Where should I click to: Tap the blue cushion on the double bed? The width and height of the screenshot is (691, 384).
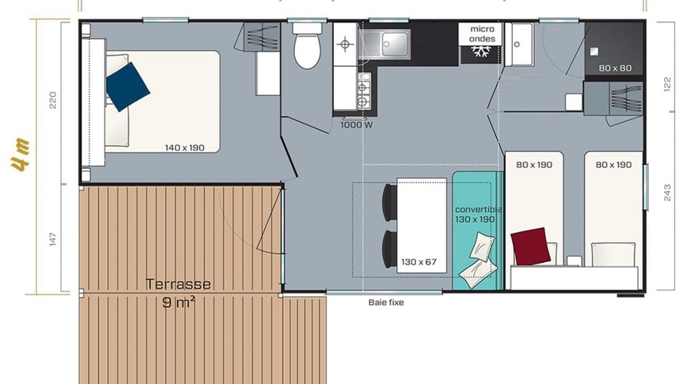[x=127, y=87]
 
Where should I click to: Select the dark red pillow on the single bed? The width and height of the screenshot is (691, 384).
[x=531, y=247]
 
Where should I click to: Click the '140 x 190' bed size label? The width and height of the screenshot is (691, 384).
[x=184, y=147]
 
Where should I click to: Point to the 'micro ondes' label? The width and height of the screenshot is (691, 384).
[x=482, y=34]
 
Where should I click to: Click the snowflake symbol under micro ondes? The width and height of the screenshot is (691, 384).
[x=481, y=51]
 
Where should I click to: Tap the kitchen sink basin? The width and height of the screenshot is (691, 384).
[x=395, y=44]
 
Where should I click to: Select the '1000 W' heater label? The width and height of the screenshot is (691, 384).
[x=356, y=124]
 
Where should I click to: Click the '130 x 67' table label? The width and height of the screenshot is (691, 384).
[x=418, y=262]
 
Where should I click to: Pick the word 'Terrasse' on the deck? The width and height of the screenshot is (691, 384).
[x=178, y=284]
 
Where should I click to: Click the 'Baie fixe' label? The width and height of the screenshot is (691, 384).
[x=386, y=303]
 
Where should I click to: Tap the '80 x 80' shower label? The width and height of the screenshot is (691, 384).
[x=615, y=68]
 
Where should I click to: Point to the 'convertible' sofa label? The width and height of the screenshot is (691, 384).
[x=478, y=209]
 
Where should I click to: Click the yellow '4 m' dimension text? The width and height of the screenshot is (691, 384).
[x=21, y=154]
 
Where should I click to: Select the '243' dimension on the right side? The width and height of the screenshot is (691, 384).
[x=666, y=193]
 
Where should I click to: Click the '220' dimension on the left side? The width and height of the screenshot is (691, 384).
[x=53, y=100]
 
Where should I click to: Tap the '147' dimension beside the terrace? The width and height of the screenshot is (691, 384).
[x=53, y=240]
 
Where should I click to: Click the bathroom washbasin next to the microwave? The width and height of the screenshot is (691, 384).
[x=519, y=45]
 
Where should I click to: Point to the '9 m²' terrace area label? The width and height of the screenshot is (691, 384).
[x=178, y=303]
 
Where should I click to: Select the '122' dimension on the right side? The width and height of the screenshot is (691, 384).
[x=666, y=84]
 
